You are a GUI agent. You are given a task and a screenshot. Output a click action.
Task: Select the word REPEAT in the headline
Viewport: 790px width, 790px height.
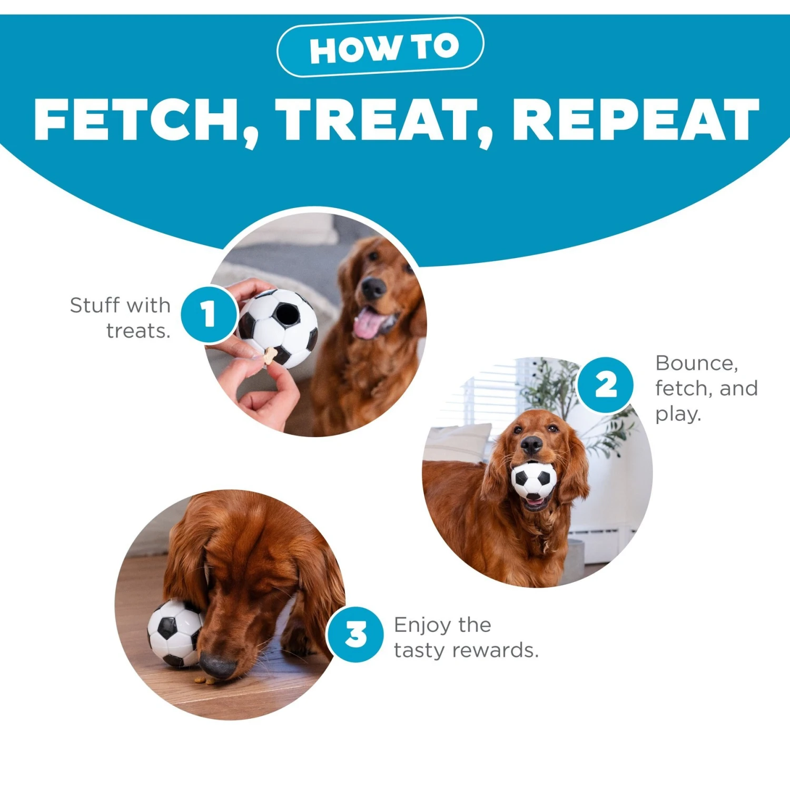(636, 120)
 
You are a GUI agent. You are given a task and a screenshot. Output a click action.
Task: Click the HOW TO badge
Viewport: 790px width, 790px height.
(380, 47)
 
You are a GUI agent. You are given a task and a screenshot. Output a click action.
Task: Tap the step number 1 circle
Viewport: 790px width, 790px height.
(209, 314)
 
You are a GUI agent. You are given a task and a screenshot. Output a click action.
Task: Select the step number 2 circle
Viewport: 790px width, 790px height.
(606, 385)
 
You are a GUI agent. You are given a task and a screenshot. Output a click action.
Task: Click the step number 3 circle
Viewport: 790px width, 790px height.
(355, 634)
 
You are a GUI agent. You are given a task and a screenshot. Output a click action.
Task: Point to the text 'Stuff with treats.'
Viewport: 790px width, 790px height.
(121, 318)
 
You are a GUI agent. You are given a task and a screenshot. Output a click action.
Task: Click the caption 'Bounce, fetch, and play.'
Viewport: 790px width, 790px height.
(706, 388)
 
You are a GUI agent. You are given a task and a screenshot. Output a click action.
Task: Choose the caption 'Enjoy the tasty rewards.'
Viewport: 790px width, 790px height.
(466, 637)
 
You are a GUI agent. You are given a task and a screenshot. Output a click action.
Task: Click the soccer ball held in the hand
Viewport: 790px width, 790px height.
(278, 328)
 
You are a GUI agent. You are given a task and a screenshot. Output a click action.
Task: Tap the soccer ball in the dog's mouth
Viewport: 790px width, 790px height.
(534, 480)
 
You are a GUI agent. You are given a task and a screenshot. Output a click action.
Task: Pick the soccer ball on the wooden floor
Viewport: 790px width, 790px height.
(174, 633)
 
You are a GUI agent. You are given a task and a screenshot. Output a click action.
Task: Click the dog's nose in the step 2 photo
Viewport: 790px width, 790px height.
(531, 446)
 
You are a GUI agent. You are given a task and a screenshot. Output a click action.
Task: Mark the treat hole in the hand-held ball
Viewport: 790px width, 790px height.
(287, 314)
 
